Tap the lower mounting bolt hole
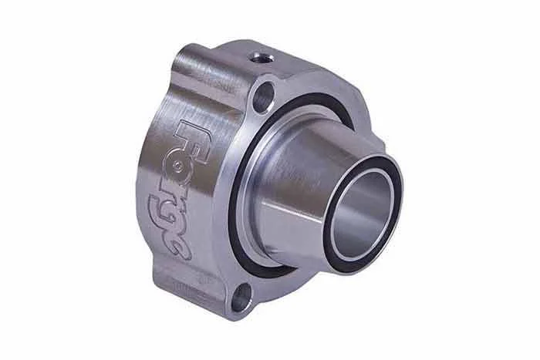coord(241,297)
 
